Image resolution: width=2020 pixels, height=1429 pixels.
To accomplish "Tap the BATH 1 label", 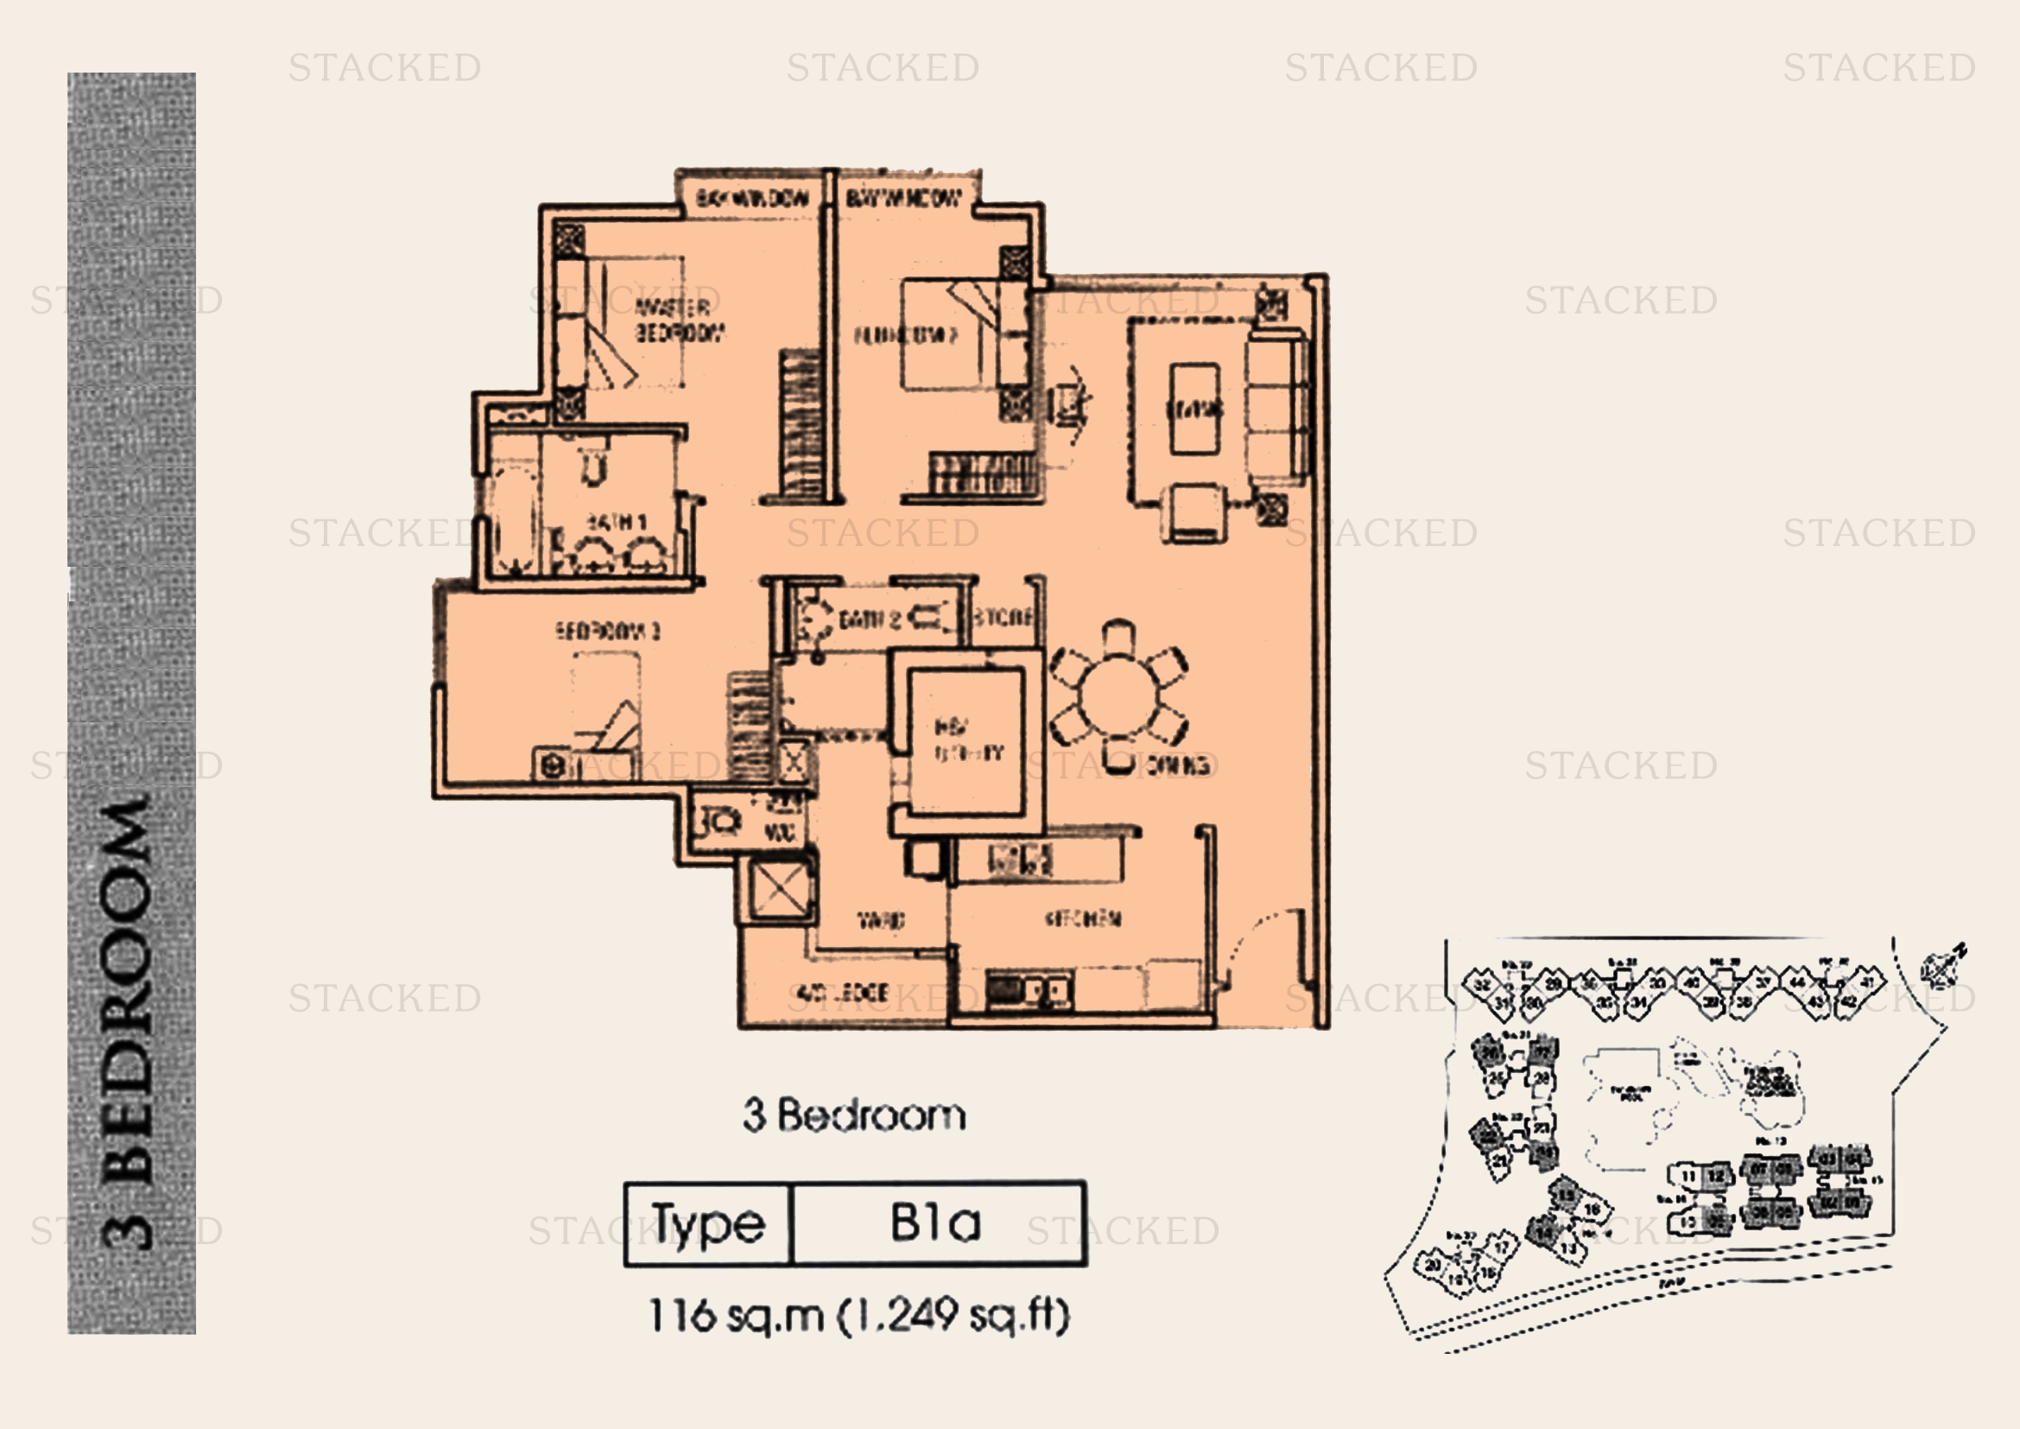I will [x=616, y=523].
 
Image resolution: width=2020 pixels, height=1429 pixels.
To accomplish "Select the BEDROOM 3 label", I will [x=607, y=631].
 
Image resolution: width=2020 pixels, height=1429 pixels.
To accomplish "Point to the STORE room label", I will [x=1003, y=617].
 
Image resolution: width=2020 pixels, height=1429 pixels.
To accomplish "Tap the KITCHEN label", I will [x=1083, y=919].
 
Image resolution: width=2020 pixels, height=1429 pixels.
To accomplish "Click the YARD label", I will [x=881, y=921].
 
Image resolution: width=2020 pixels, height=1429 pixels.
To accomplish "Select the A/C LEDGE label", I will [x=843, y=994].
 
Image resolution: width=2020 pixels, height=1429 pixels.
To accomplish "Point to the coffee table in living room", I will [x=1194, y=409].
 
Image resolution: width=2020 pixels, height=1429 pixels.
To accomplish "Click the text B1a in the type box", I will [x=935, y=1223].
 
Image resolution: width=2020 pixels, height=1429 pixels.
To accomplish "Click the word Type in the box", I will [x=708, y=1224].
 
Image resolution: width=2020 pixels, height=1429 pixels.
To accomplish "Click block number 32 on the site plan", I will [x=1483, y=984].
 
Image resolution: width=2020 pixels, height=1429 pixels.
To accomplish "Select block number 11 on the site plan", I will [x=1688, y=1177].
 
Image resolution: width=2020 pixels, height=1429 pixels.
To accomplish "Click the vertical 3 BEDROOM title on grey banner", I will [x=130, y=1020].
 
